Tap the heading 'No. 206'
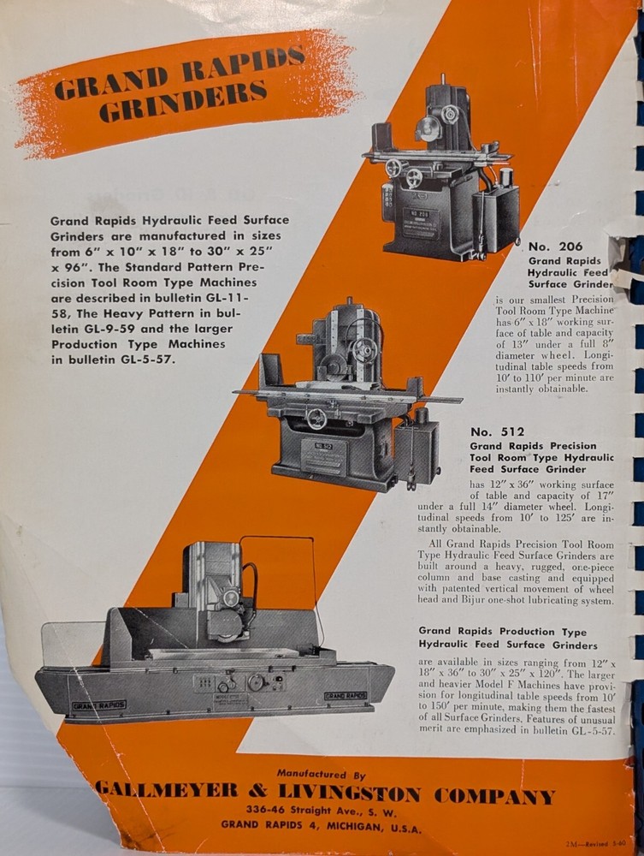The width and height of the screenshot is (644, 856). click(x=560, y=247)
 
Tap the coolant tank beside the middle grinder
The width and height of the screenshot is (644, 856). click(x=417, y=451)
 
